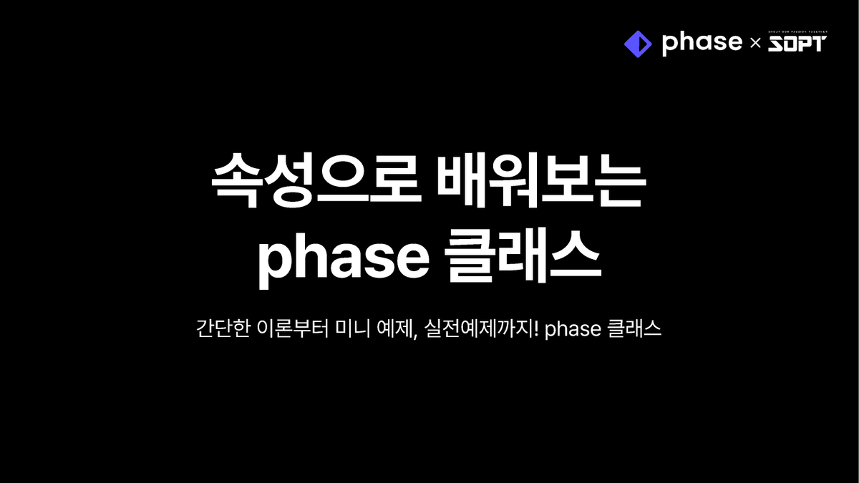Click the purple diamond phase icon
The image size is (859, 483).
coord(638,44)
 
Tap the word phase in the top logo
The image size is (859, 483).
coord(702,43)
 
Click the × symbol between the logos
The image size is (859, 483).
coord(754,44)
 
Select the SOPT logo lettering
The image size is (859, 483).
coord(797,45)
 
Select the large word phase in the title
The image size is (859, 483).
coord(344,258)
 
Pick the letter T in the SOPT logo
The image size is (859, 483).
coord(818,45)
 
